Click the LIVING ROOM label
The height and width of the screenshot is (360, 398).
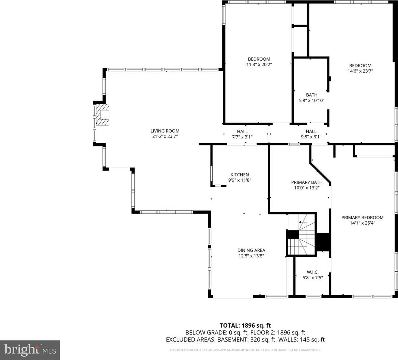pos(165,131)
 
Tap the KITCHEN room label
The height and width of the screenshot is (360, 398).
pos(240,175)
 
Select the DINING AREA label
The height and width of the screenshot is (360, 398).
pos(251,250)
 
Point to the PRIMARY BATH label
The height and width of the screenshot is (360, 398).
pos(307,182)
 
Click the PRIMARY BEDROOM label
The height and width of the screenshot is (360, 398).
pos(362,217)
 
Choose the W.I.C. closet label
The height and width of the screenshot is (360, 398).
pos(312,272)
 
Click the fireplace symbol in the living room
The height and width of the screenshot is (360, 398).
pos(103,115)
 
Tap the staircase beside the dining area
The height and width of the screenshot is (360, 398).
pos(301,235)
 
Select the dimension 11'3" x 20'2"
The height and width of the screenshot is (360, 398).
pos(259,64)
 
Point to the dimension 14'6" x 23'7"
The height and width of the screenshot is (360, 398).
pos(360,71)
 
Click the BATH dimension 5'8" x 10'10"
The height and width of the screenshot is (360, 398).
pos(312,101)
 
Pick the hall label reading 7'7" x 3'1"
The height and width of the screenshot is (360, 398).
pos(242,137)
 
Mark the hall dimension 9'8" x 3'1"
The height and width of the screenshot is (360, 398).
pos(311,137)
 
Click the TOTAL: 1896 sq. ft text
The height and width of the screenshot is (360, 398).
pos(245,326)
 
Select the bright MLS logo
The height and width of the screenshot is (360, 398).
pos(30,350)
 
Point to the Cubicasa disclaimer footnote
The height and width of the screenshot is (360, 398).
pos(245,350)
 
